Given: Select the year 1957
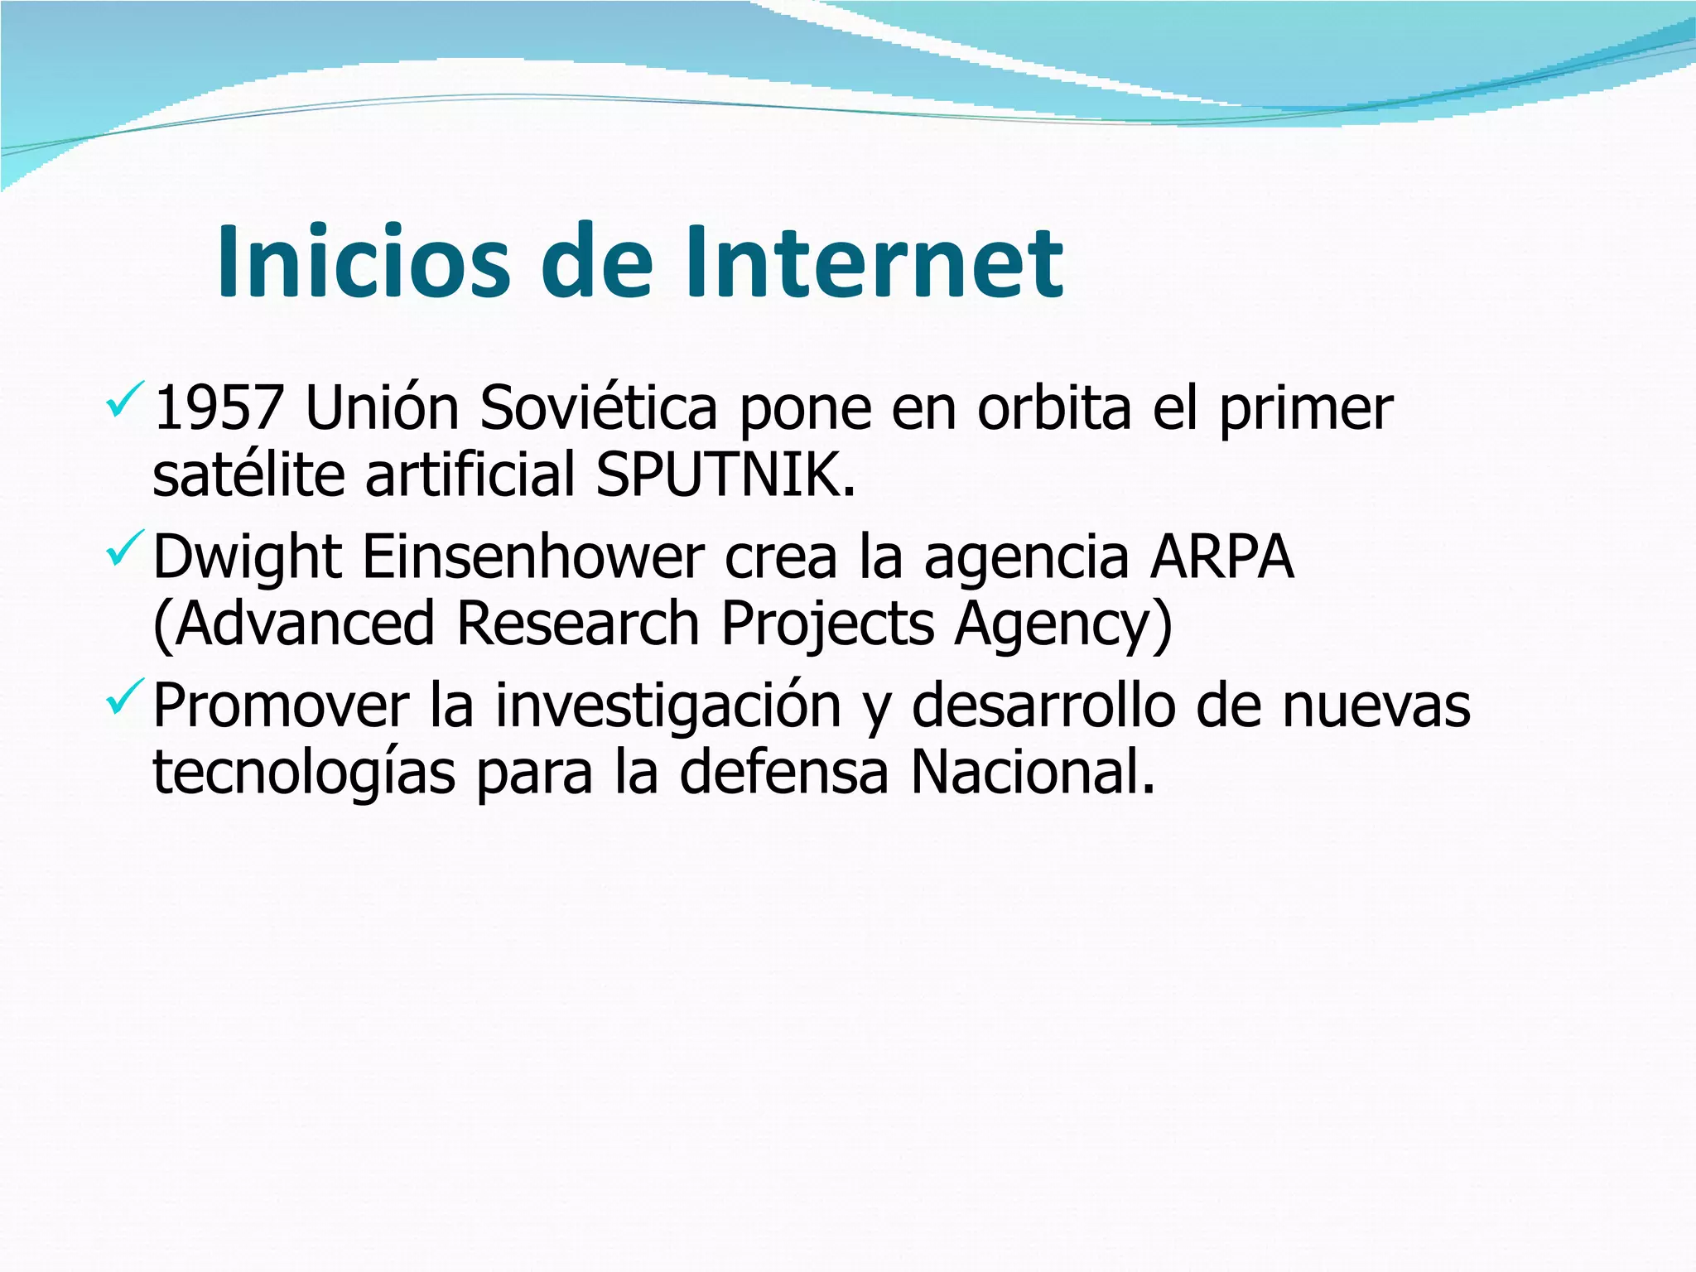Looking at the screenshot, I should click(x=219, y=408).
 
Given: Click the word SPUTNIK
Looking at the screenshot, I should click(x=725, y=475).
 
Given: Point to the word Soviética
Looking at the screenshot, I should click(x=598, y=408).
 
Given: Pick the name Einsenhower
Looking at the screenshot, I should click(x=532, y=556).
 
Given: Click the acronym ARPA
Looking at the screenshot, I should click(x=1221, y=556).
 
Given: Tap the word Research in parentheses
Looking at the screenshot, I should click(x=578, y=623).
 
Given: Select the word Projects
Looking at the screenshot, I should click(x=827, y=624).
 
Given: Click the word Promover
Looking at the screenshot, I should click(x=281, y=706).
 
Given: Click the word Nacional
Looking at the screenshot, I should click(x=1032, y=772).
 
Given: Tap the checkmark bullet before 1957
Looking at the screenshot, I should click(x=125, y=399).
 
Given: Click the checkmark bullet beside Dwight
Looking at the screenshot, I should click(x=125, y=548).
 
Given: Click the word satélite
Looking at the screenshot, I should click(x=248, y=475).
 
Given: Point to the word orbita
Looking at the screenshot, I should click(x=1053, y=408).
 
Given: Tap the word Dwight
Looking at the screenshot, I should click(x=247, y=558).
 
